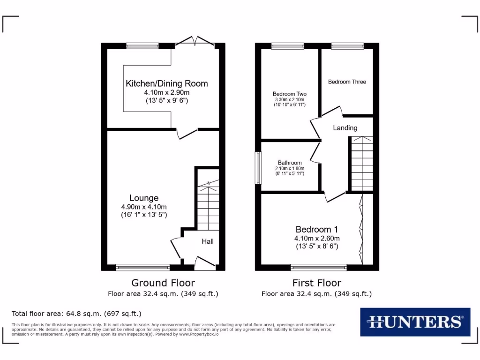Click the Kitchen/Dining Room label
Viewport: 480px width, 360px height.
pos(166,83)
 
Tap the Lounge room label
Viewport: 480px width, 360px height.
pos(144,198)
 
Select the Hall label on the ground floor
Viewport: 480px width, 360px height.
pos(208,241)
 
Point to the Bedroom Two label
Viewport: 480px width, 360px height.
pos(289,94)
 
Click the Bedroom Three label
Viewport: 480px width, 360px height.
pos(347,82)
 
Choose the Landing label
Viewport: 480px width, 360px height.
pos(345,127)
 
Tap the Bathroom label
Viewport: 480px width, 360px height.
pos(290,163)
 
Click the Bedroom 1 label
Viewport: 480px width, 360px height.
pos(316,229)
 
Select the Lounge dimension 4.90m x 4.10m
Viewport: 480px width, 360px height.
pos(144,207)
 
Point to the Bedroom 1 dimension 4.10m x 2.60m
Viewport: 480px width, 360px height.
pos(316,238)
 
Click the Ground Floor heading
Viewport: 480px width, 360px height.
pos(163,283)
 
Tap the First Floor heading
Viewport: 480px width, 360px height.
pos(316,283)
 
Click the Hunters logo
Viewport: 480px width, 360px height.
pos(415,322)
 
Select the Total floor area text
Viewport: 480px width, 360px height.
pos(76,314)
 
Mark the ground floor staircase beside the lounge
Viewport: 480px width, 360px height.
pos(208,204)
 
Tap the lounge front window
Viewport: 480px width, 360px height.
pos(143,268)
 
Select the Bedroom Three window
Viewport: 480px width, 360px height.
pos(347,46)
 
